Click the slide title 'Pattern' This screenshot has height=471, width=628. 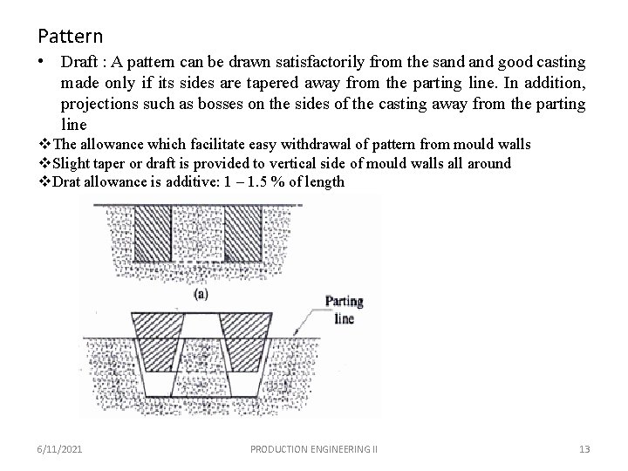70,37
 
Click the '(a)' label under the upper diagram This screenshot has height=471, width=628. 200,294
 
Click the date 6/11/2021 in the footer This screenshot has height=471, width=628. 61,448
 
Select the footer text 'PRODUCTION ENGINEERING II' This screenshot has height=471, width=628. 313,448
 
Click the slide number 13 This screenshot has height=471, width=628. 584,448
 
